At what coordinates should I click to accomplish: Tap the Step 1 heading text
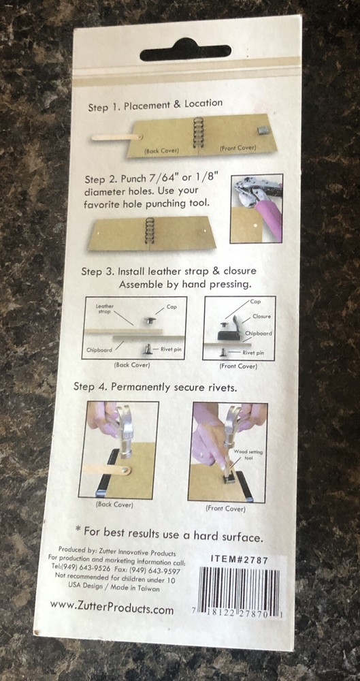[155, 105]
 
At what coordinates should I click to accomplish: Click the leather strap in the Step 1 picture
[117, 138]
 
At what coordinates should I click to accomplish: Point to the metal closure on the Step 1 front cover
[263, 130]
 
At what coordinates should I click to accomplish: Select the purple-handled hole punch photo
[256, 208]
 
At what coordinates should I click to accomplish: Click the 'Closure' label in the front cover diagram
[261, 316]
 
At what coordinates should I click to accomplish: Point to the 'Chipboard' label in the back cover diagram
[99, 349]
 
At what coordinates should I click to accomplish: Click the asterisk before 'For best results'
[78, 529]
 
